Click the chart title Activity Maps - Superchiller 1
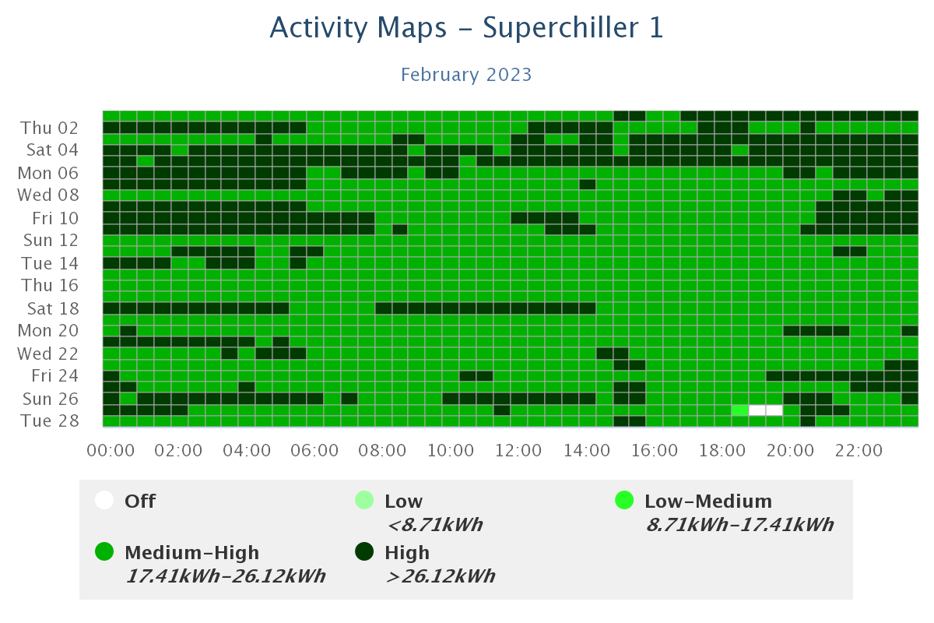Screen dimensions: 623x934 point(466,28)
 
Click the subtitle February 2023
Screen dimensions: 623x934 point(466,75)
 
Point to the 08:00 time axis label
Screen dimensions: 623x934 point(383,451)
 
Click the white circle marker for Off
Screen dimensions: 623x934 point(104,501)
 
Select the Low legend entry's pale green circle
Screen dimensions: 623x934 point(364,501)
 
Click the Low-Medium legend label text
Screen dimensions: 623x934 point(708,502)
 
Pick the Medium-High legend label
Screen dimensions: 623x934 point(191,553)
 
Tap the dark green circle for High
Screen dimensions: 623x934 point(364,552)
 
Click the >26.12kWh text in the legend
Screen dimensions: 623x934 point(440,576)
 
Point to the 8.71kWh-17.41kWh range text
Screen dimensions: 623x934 point(739,525)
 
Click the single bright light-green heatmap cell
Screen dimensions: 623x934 point(740,410)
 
